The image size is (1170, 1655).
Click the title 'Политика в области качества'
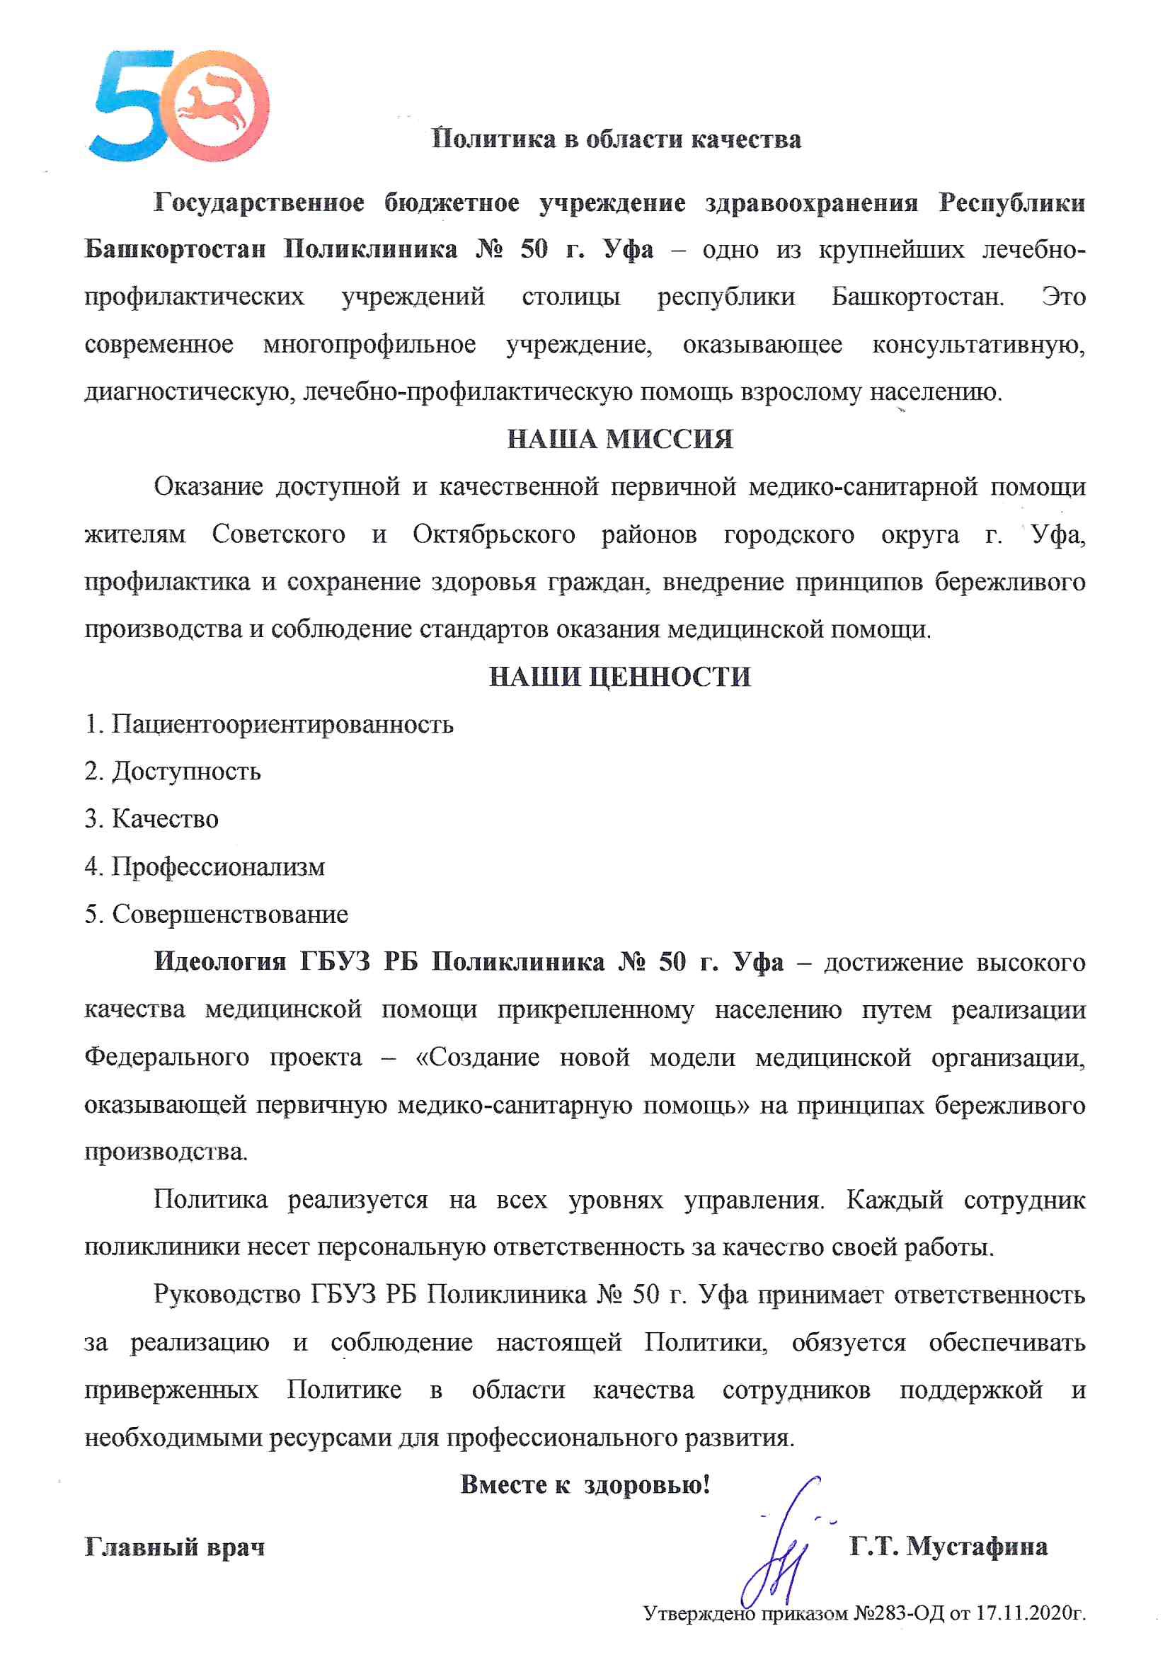pos(616,139)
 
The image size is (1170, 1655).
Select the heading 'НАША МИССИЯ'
pos(620,439)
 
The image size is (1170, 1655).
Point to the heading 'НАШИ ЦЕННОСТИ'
pos(620,677)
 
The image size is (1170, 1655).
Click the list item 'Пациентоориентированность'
pos(282,723)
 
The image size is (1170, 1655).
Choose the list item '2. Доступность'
pos(172,772)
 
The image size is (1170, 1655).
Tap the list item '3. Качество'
pos(151,819)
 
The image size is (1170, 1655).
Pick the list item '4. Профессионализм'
pos(205,866)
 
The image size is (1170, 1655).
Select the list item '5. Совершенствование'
pos(217,914)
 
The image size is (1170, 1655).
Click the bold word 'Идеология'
pos(220,962)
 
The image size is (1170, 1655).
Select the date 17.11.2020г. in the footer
pos(1031,1614)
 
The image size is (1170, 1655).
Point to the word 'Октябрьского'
pos(494,535)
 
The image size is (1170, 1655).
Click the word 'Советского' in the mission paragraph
pos(278,535)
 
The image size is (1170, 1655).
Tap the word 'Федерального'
pos(166,1058)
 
